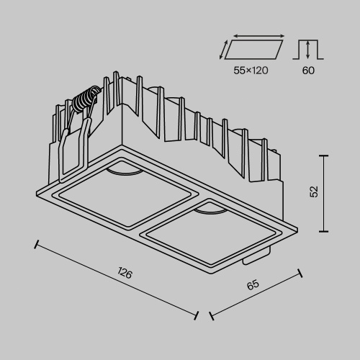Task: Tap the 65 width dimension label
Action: pyautogui.click(x=253, y=286)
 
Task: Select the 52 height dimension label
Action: pyautogui.click(x=314, y=192)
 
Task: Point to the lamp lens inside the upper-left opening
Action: pyautogui.click(x=125, y=169)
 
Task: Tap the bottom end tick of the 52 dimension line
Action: pyautogui.click(x=324, y=231)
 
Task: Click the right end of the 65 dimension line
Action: pyautogui.click(x=299, y=271)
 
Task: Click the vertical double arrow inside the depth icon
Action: pyautogui.click(x=308, y=50)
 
